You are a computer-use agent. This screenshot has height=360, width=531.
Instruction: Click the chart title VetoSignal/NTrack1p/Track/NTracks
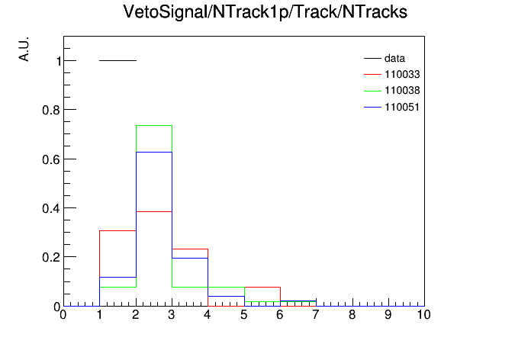coord(265,12)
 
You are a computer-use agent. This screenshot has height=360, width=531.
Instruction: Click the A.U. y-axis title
coord(24,50)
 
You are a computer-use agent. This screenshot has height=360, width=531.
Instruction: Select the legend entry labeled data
coord(385,58)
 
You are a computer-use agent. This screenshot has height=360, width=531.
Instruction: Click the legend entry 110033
coord(392,74)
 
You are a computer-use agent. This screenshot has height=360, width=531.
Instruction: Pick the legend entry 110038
coord(392,91)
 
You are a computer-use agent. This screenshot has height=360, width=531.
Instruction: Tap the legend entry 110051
coord(392,107)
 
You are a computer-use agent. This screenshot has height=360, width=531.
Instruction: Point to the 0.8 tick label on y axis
coord(51,111)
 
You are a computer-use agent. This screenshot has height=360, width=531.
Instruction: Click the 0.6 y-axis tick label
coord(51,159)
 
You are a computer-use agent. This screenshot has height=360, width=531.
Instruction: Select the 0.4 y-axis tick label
coord(51,209)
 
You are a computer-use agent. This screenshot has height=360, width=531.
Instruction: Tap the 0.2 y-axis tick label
coord(51,257)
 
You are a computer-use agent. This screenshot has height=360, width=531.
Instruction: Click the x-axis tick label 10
coord(423,315)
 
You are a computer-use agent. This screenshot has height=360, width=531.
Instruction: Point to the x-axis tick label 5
coord(244,315)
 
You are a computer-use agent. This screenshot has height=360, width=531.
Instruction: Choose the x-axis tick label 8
coord(352,315)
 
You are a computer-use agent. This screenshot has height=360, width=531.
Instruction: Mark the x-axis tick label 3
coord(172,315)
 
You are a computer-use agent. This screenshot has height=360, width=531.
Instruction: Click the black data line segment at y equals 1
coord(117,60)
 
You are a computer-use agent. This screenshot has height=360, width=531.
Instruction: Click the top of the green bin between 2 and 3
coord(154,126)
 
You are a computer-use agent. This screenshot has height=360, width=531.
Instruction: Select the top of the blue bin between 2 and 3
coord(154,152)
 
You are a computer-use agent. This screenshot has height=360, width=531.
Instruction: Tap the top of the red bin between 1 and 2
coord(117,230)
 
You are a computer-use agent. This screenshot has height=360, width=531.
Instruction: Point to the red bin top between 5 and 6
coord(262,288)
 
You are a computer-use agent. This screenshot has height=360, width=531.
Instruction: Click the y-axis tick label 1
coord(59,61)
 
